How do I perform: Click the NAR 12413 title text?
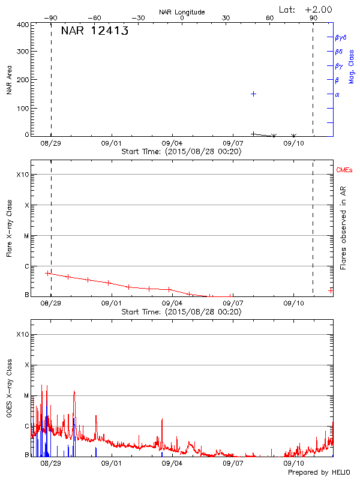95,31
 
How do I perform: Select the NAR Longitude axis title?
182,12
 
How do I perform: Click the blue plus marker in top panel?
254,94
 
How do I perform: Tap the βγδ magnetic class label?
341,37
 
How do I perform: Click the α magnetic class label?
337,94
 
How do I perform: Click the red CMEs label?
345,170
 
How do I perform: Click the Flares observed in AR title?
344,228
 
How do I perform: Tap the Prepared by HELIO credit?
319,473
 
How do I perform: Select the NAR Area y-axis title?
9,80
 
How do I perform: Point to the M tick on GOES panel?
26,396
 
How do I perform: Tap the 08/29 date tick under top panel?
51,144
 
